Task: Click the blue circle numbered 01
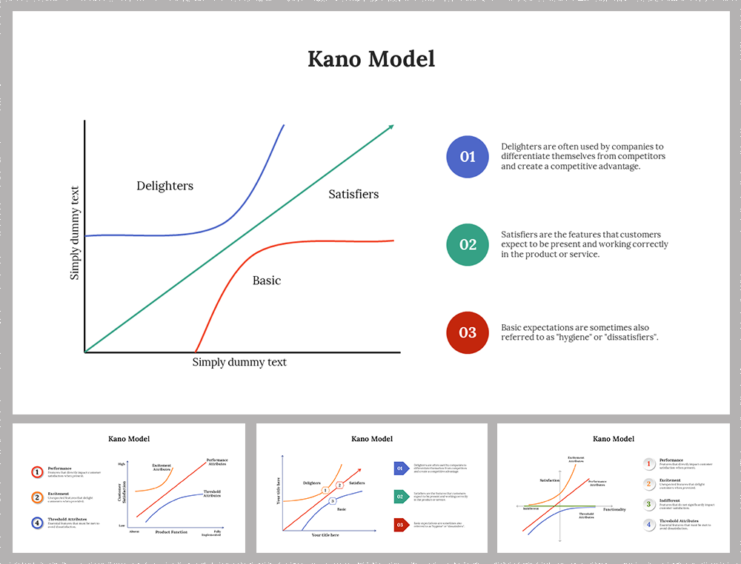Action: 468,157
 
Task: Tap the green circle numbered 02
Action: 468,244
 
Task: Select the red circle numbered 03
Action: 468,332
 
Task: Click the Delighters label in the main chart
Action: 165,186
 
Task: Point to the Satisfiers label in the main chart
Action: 353,194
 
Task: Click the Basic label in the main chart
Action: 267,281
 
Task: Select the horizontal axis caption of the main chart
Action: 239,362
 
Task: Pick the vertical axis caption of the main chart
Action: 75,233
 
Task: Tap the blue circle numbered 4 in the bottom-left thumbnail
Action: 36,523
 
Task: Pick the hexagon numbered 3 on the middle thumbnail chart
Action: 333,501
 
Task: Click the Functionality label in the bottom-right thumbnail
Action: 614,509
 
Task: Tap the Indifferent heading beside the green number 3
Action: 671,501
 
